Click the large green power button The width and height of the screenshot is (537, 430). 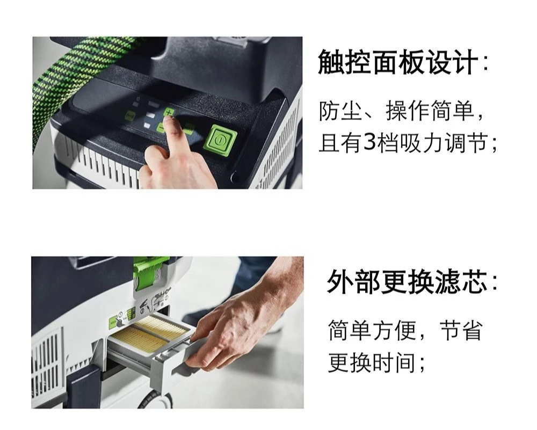(221, 140)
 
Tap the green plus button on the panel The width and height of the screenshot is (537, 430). (169, 112)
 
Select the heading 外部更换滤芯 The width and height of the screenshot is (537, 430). (407, 282)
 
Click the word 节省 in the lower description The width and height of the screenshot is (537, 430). (461, 330)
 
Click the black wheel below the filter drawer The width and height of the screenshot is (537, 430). (156, 400)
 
